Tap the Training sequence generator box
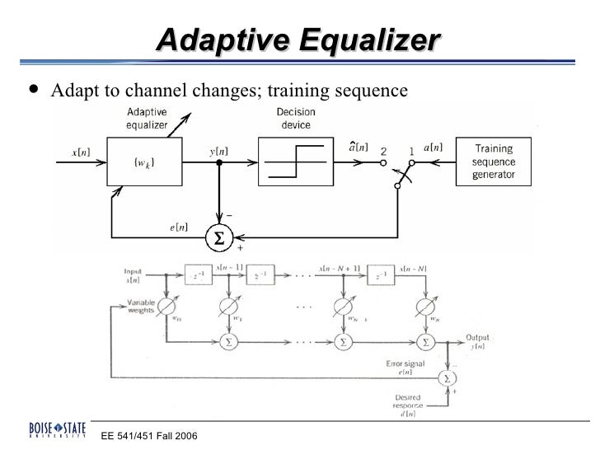(x=495, y=162)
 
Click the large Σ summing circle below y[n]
(x=218, y=238)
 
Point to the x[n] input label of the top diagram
(x=82, y=152)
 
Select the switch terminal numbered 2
(x=383, y=152)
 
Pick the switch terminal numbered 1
(x=411, y=152)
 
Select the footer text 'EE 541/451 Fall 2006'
(x=149, y=435)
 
